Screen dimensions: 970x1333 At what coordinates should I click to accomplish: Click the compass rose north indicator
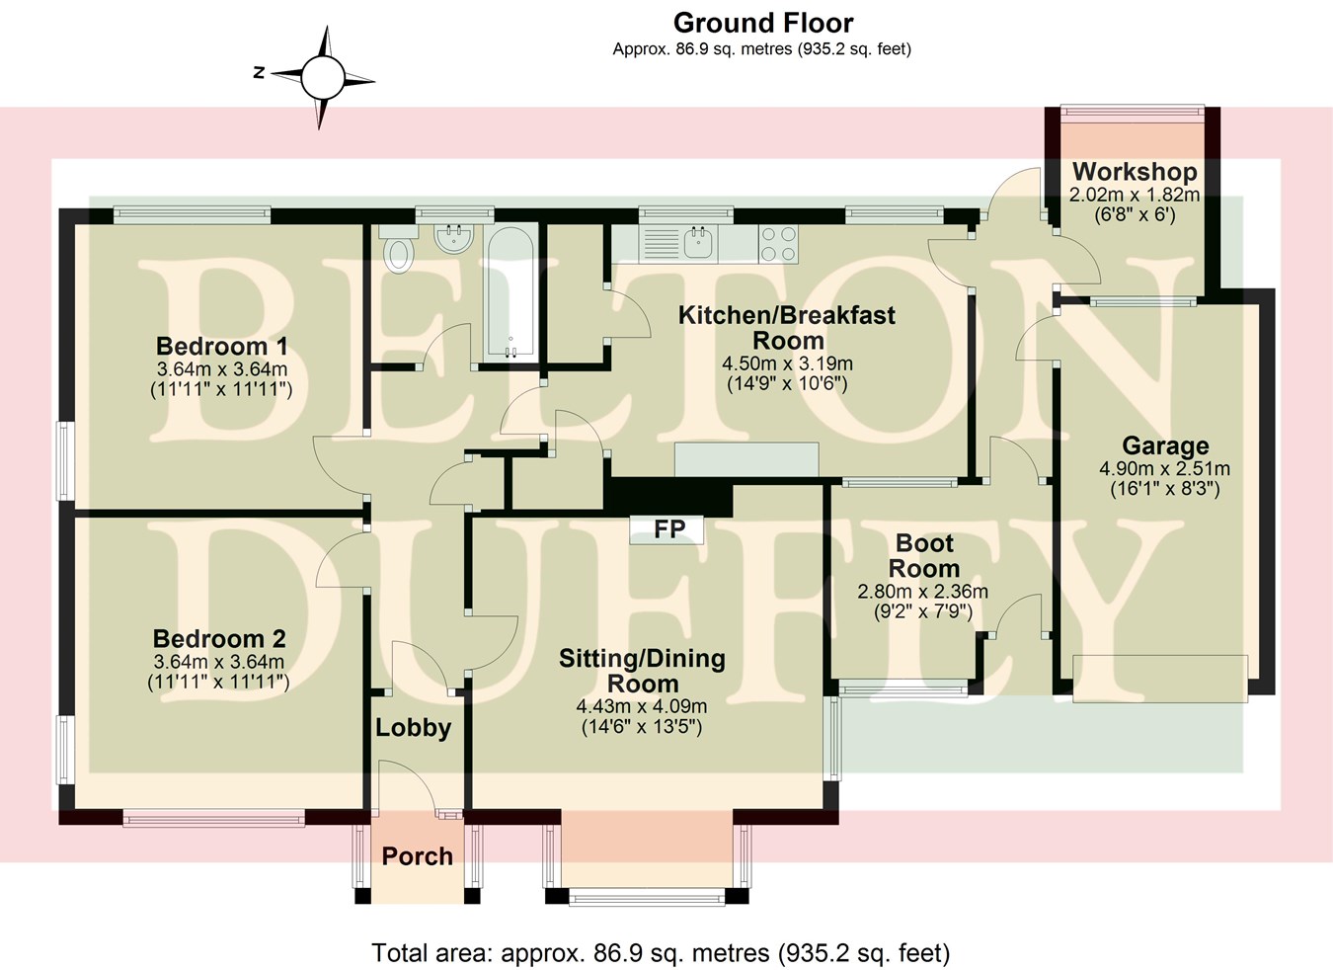coord(322,76)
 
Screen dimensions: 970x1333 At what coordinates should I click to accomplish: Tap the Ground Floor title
coord(762,23)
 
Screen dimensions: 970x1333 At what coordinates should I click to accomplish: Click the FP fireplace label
coord(668,529)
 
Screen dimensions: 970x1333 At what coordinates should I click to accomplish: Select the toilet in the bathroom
coord(399,253)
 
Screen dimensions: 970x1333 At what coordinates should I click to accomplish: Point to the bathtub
coord(509,293)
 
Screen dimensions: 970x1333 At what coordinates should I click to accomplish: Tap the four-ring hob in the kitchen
coord(778,244)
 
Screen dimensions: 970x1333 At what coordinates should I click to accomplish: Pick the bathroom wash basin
coord(455,237)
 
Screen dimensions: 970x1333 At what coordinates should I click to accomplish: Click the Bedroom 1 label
coord(222,347)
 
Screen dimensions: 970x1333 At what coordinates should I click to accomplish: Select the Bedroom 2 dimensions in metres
coord(219,662)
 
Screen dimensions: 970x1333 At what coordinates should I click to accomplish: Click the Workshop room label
coord(1135,171)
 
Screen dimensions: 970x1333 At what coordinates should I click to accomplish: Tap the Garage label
coord(1165,446)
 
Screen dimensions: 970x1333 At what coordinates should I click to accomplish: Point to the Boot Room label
coord(924,556)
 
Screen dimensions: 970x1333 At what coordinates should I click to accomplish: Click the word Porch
coord(418,856)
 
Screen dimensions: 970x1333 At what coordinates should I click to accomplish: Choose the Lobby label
coord(413,728)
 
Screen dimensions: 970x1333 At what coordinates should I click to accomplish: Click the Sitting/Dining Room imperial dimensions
coord(642,728)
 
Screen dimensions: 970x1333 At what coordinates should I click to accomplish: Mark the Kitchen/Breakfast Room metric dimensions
coord(787,364)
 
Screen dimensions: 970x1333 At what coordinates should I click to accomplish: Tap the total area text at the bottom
coord(661,952)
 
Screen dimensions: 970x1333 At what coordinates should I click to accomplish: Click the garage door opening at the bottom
coord(1159,679)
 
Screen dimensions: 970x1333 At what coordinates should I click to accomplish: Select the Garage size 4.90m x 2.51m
coord(1165,468)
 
